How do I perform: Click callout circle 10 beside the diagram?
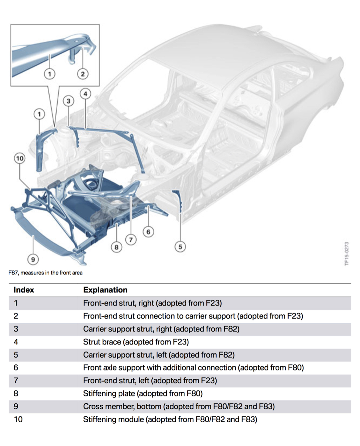pos(20,158)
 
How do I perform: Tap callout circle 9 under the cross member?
pos(33,259)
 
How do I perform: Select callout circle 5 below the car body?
pos(180,247)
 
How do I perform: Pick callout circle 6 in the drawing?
pos(148,231)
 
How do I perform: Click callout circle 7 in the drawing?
pos(131,239)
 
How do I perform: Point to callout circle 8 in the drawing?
pos(116,247)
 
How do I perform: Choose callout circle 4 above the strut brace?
pos(85,94)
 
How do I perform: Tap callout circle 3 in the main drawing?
pos(68,101)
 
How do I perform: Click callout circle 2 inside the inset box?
pos(83,74)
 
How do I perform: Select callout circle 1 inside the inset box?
pos(49,74)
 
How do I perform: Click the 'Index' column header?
pos(24,290)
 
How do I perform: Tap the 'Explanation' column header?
pos(105,290)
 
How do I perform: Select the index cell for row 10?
pos(18,419)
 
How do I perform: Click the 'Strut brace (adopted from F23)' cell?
pos(136,342)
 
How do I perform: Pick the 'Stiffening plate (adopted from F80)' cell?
pos(143,393)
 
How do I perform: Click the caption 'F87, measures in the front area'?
pos(45,273)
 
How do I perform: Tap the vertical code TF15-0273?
pos(347,254)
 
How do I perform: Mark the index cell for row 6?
pos(16,368)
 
